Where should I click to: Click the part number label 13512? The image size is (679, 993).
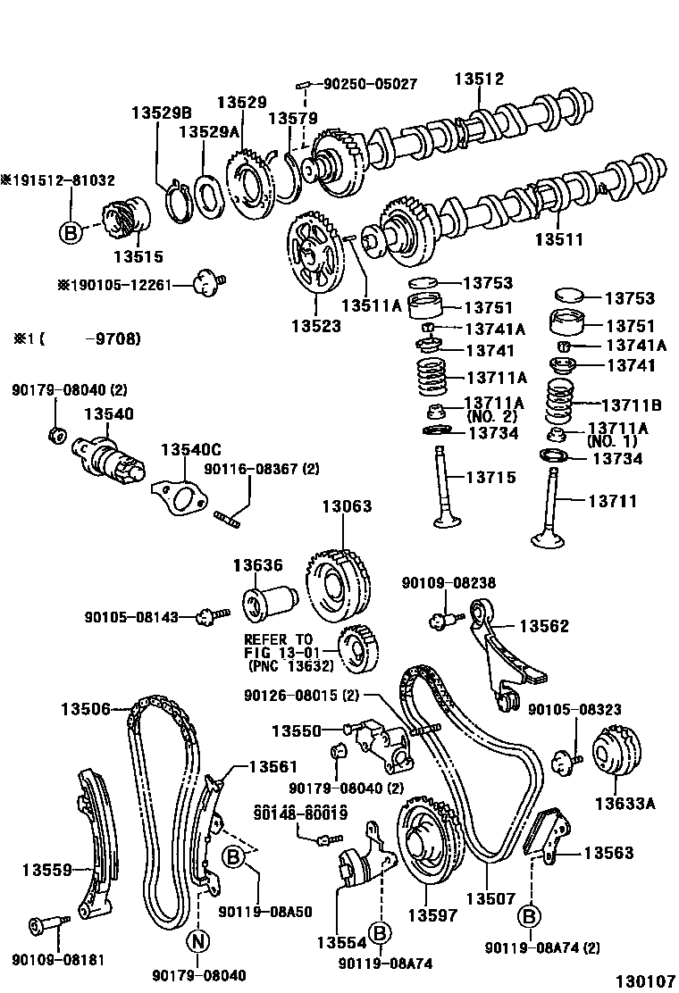click(x=479, y=79)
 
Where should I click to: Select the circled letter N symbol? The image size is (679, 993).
click(x=198, y=940)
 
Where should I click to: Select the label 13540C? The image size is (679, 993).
click(x=190, y=449)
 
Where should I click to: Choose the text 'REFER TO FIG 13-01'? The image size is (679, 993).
click(x=279, y=646)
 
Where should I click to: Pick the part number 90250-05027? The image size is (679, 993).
click(x=368, y=84)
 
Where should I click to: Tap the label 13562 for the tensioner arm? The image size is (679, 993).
click(x=543, y=626)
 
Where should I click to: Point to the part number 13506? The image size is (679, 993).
click(x=86, y=709)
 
